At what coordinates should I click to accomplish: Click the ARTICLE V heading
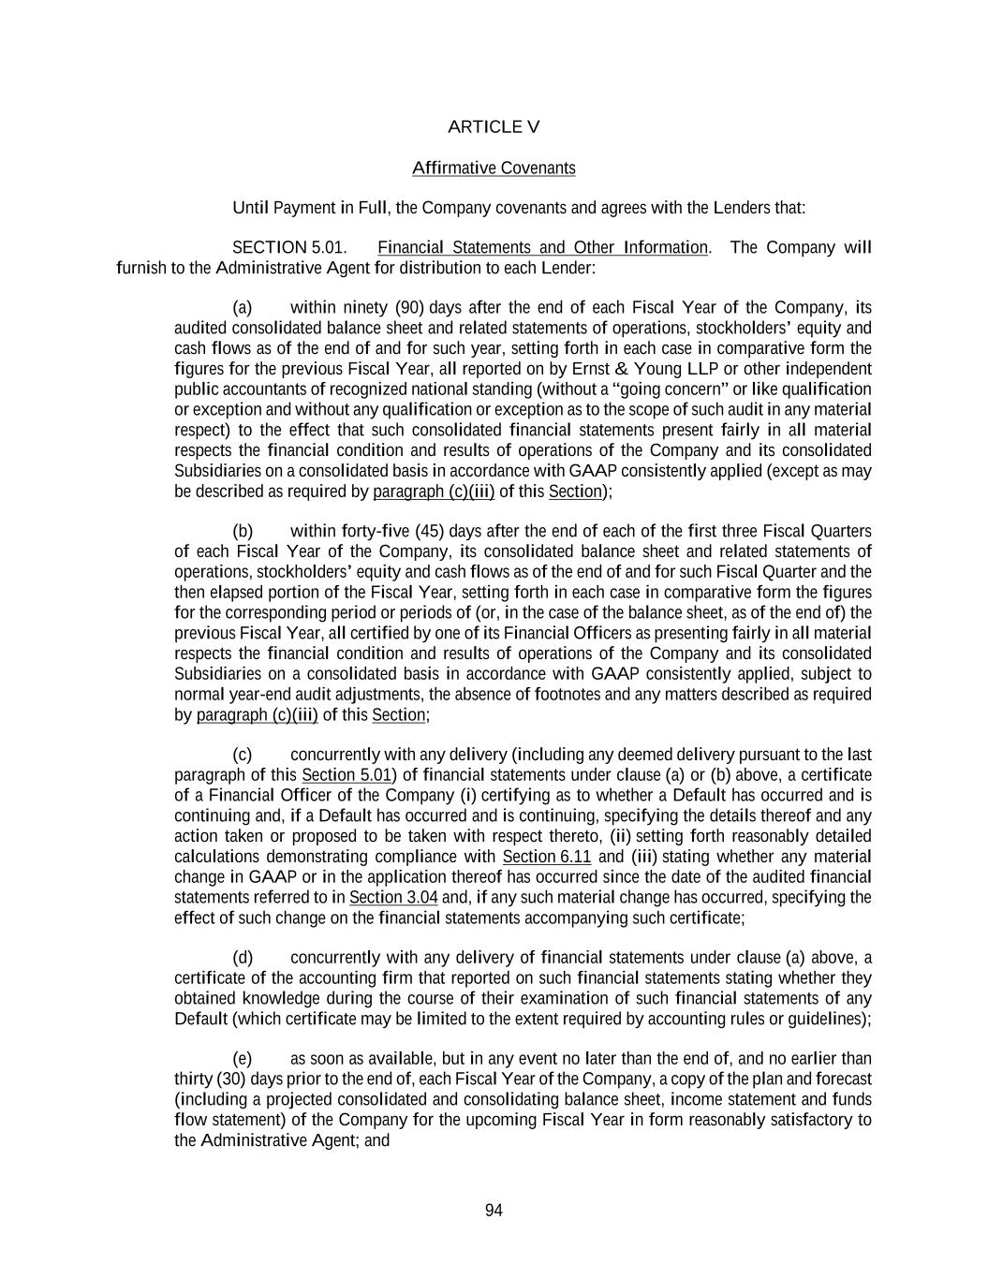(x=494, y=127)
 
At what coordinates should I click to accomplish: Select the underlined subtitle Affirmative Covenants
(x=494, y=169)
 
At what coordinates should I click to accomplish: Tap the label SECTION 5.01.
(x=288, y=248)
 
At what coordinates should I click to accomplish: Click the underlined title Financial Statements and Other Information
(x=542, y=248)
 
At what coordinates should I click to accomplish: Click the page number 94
(x=494, y=1211)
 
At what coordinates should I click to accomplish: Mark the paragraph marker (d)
(x=243, y=958)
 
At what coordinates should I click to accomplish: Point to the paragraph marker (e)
(x=243, y=1059)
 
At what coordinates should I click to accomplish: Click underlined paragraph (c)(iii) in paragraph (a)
(x=433, y=492)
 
